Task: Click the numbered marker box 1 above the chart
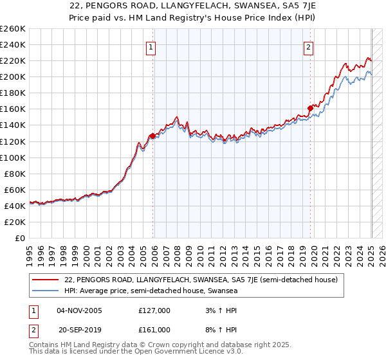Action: point(151,46)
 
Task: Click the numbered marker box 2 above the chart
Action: point(309,46)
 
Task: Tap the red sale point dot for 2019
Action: point(310,108)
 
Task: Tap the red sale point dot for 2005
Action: point(152,136)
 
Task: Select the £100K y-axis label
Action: point(13,157)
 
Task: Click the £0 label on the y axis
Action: point(20,238)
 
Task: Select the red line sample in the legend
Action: point(45,280)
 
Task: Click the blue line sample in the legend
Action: point(45,291)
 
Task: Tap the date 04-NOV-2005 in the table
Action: point(80,310)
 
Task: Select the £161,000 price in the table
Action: point(154,329)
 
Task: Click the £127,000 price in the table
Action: point(154,310)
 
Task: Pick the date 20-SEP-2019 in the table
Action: point(79,329)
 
